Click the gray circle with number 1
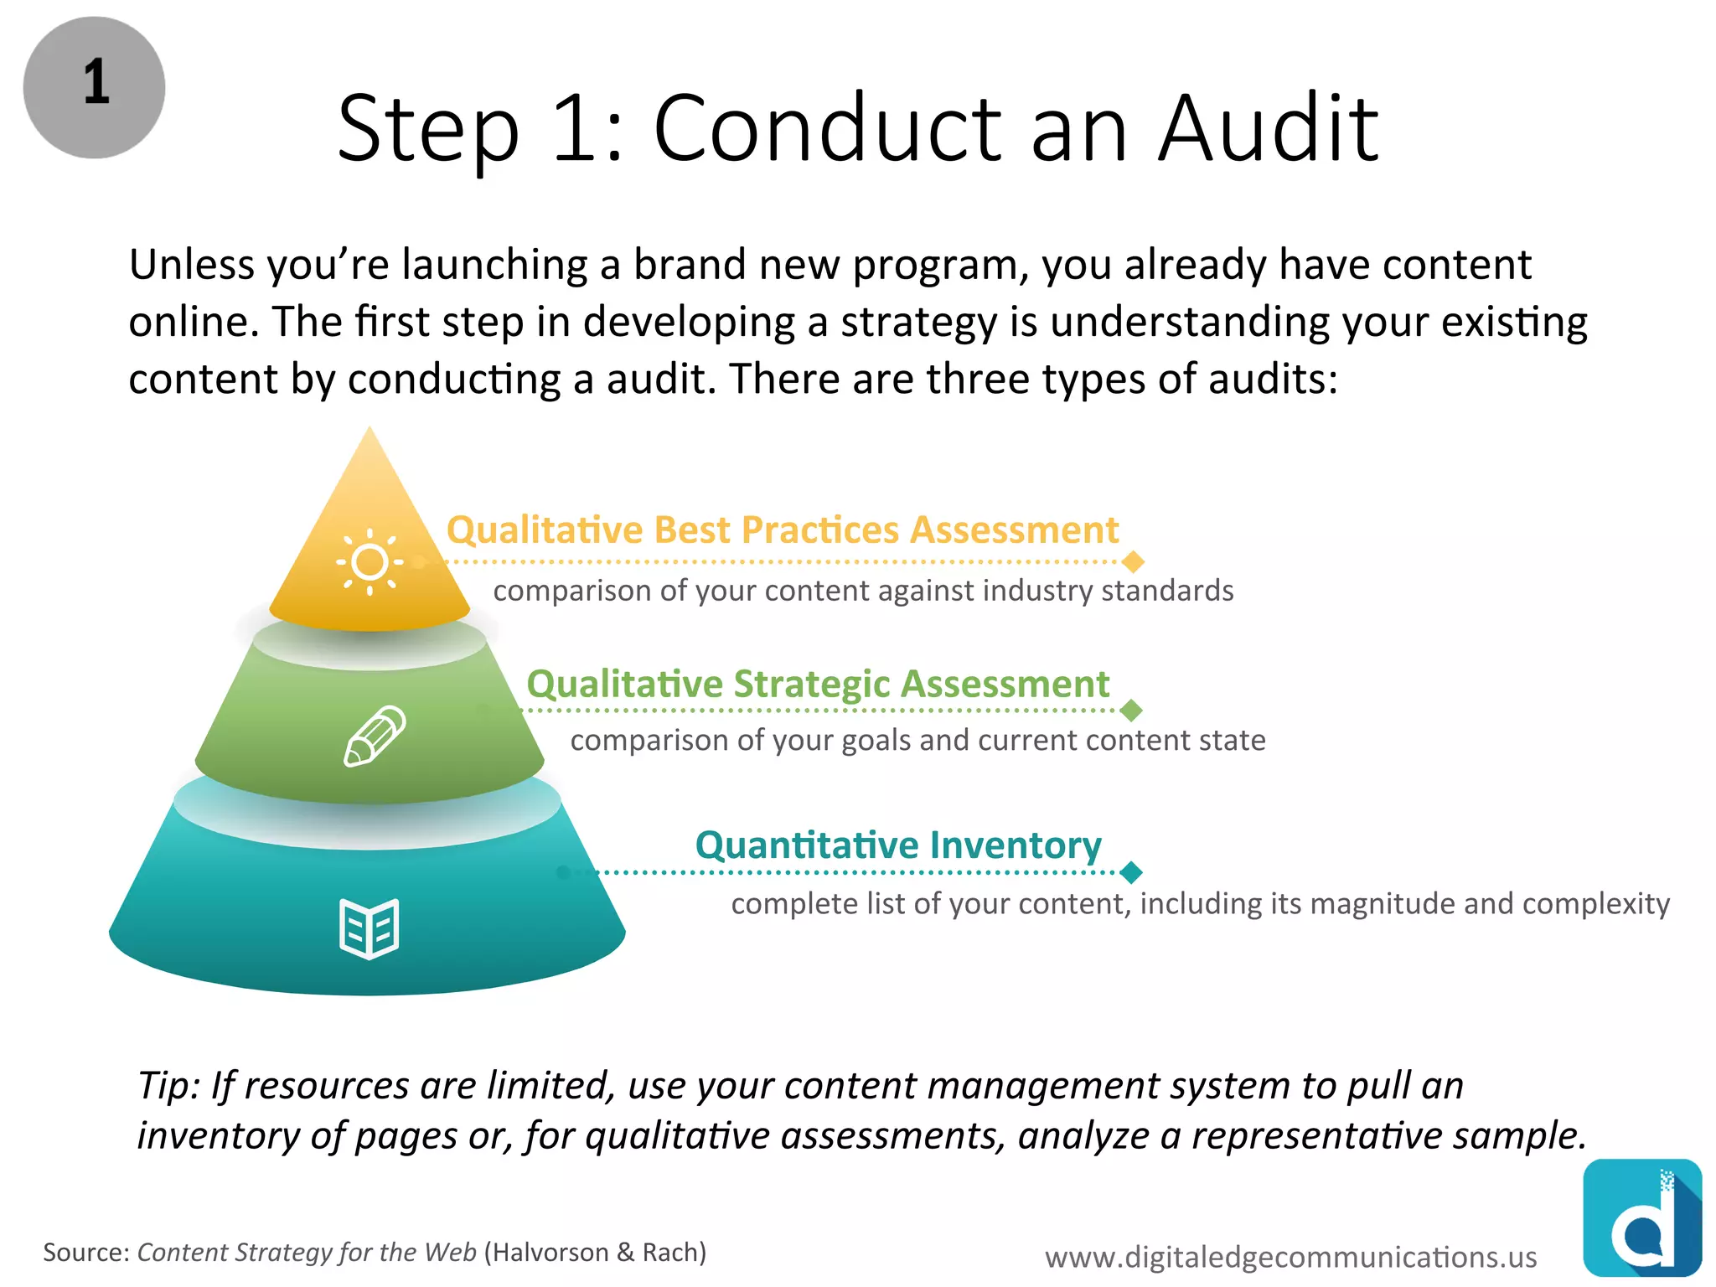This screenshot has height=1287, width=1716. [94, 87]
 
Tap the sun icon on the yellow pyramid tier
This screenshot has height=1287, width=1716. [370, 562]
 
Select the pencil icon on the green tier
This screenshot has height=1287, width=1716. [375, 736]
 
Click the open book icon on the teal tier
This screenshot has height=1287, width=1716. [370, 928]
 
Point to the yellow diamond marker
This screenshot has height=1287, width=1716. [1133, 561]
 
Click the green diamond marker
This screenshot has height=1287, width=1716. [1131, 711]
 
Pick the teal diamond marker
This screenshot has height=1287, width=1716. [1131, 872]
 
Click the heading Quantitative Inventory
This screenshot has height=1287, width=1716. [898, 845]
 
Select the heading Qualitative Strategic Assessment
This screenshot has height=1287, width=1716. [818, 684]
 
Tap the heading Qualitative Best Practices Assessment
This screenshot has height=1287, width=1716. [783, 530]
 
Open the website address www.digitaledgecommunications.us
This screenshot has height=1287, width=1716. [1290, 1257]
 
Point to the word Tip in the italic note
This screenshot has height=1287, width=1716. [168, 1086]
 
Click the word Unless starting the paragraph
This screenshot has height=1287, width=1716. [191, 266]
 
